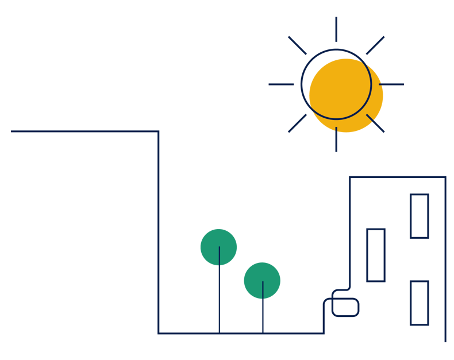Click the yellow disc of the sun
click(x=347, y=95)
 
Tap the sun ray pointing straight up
click(x=336, y=29)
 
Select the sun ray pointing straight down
click(x=336, y=140)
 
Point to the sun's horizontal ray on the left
click(x=281, y=84)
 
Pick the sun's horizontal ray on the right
click(x=393, y=84)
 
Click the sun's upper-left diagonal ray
click(x=297, y=45)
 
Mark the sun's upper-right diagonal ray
click(x=375, y=45)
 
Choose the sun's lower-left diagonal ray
click(x=297, y=123)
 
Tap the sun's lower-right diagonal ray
click(x=376, y=123)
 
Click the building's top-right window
click(x=419, y=216)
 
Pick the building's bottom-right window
click(x=419, y=303)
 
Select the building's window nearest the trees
click(x=375, y=255)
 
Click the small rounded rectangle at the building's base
click(x=345, y=307)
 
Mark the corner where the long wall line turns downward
click(x=158, y=131)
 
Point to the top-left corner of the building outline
click(x=349, y=177)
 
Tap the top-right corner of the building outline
click(x=445, y=177)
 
